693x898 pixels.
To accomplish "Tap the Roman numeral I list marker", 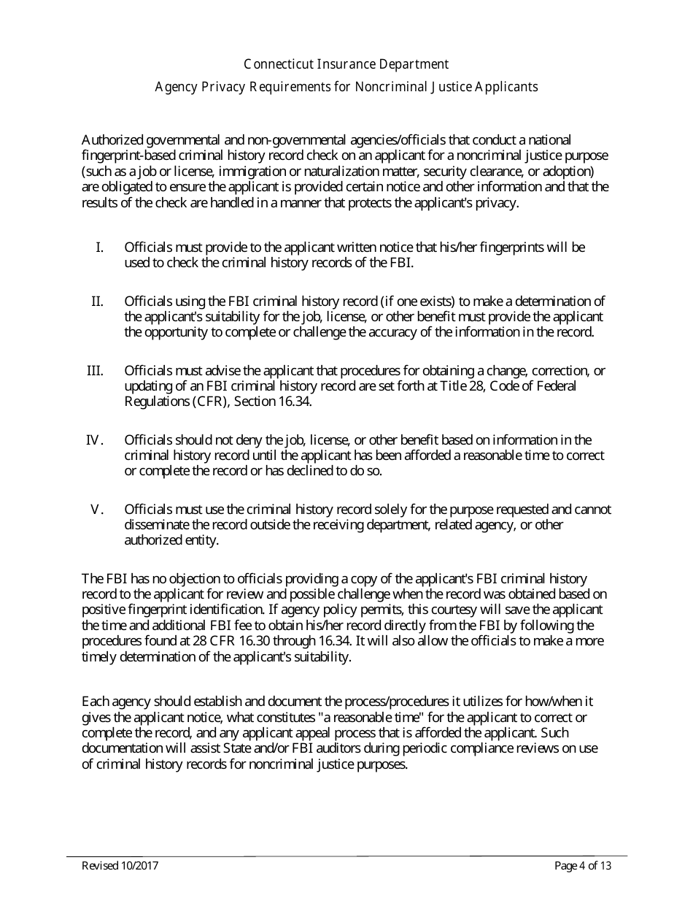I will click(x=99, y=247).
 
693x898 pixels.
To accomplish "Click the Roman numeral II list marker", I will click(x=97, y=301).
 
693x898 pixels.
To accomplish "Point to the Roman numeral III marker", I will click(x=95, y=370).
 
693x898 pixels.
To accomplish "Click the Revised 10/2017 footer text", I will click(x=120, y=867).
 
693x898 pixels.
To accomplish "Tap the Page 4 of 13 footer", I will click(x=582, y=867).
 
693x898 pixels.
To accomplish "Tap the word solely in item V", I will click(x=355, y=509).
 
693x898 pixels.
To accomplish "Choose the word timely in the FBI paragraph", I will click(x=98, y=656).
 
